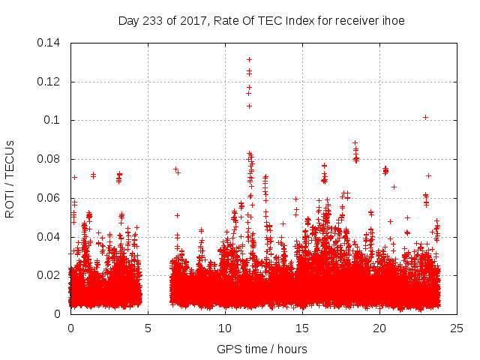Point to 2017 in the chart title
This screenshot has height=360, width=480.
[187, 21]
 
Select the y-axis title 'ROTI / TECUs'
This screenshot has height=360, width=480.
[10, 178]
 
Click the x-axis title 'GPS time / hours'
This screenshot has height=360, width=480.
[262, 349]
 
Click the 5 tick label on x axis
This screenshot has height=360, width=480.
[148, 328]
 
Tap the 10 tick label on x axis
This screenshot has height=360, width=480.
[225, 328]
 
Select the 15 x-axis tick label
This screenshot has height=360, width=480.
[302, 328]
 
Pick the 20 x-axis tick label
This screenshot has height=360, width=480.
[379, 328]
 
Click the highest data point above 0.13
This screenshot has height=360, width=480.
[249, 59]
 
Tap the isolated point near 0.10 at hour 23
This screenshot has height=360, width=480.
[425, 117]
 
